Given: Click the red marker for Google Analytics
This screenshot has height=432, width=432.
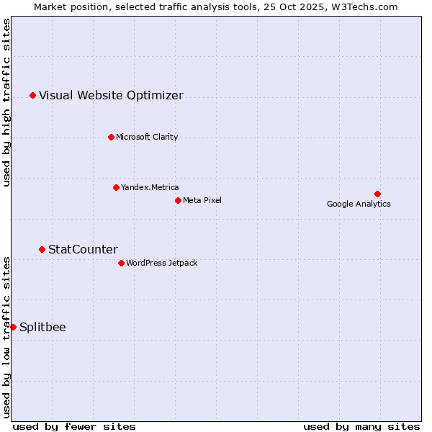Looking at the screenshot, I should click(377, 194).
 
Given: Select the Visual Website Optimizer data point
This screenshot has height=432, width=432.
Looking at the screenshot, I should click(32, 95).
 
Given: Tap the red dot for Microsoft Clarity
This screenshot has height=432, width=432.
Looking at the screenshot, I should click(111, 137).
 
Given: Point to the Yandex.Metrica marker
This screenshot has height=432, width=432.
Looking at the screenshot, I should click(116, 187).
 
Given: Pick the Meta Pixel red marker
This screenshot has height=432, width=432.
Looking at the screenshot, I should click(178, 200).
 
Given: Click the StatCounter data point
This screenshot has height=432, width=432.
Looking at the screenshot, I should click(42, 249).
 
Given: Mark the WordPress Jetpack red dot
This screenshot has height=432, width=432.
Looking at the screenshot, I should click(121, 263).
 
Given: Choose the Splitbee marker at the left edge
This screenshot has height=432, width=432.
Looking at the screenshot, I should click(13, 327).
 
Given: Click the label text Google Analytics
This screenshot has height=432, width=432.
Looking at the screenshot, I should click(359, 204).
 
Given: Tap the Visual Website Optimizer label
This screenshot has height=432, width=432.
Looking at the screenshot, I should click(111, 95).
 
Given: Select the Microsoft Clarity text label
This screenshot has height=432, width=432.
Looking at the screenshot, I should click(147, 137).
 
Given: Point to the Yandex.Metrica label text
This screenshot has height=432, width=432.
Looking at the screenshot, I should click(150, 187).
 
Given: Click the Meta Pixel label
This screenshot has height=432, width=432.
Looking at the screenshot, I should click(202, 200).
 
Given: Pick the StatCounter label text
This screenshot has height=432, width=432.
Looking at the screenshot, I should click(83, 249).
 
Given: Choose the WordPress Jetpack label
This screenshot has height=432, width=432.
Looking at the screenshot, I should click(161, 263).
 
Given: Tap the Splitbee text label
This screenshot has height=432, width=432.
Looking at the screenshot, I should click(42, 327).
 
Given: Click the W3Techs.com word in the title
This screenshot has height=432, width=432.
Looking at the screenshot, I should click(367, 6).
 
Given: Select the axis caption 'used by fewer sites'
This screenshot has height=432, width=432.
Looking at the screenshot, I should click(74, 426).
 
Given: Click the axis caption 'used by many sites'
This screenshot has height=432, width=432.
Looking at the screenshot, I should click(361, 426).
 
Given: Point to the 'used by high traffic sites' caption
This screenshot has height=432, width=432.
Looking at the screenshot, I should click(6, 102).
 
